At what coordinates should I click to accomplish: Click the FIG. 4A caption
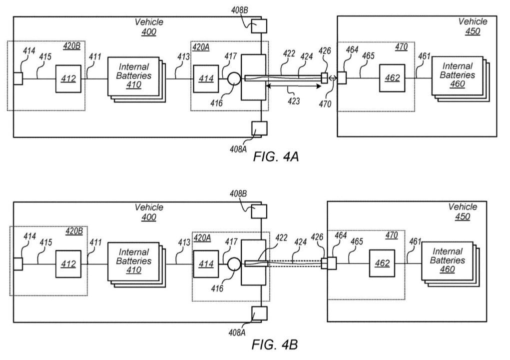276,156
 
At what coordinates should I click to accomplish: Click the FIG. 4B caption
275,344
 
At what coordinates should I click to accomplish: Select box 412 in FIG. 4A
68,79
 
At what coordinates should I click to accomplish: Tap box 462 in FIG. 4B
382,263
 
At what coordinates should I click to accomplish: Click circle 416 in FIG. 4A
234,79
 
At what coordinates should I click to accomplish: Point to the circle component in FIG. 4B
234,264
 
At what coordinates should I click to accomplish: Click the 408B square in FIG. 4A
259,26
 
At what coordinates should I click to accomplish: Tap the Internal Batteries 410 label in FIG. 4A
134,76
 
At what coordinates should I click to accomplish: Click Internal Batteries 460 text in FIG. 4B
447,260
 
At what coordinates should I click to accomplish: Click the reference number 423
293,101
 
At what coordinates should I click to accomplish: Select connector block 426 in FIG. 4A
324,78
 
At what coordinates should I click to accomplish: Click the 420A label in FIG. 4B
202,238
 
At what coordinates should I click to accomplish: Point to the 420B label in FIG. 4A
71,46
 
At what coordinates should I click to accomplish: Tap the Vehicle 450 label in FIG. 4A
473,26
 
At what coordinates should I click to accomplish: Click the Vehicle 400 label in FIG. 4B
149,212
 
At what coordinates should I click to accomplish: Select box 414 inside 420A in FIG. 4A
206,79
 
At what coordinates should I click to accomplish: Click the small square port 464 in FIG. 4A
342,78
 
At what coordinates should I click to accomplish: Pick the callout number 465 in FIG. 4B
357,241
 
